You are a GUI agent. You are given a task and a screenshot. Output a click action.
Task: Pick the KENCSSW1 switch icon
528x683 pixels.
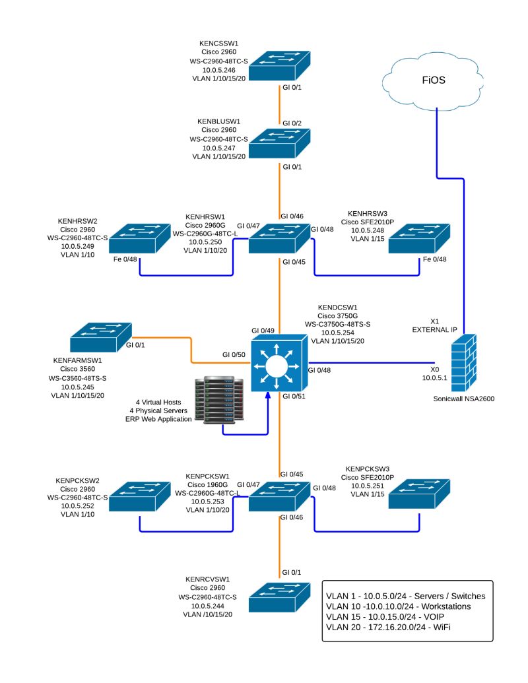click(x=280, y=66)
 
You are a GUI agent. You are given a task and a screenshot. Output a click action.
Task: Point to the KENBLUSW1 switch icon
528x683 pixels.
click(x=280, y=141)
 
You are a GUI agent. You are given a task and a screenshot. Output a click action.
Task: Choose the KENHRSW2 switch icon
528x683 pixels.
click(x=140, y=239)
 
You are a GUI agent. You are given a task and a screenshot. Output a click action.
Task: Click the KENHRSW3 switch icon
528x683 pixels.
click(x=420, y=238)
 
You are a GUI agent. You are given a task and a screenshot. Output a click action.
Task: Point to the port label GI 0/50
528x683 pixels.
click(x=233, y=355)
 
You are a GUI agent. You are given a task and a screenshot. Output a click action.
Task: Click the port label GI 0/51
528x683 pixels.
click(x=293, y=397)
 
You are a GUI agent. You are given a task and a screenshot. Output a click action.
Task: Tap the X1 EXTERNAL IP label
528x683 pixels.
click(x=435, y=325)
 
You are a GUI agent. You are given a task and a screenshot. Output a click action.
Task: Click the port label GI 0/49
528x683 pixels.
click(x=263, y=330)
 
